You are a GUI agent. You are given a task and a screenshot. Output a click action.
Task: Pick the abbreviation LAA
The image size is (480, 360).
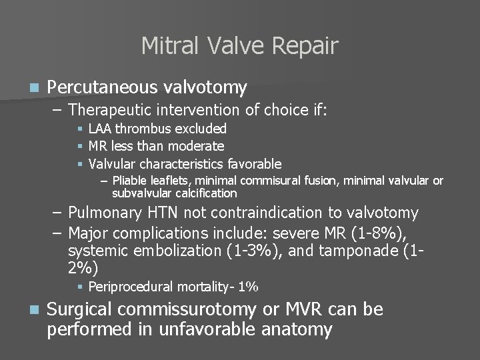[x=99, y=128]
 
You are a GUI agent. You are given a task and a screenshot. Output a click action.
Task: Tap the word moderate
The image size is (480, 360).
[x=198, y=145]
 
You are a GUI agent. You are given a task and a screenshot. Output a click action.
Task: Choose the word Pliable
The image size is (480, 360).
[x=131, y=181]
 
